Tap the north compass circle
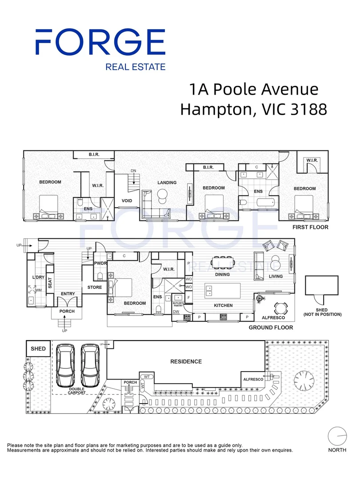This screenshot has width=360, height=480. click(x=337, y=436)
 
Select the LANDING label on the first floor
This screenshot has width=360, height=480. click(x=167, y=183)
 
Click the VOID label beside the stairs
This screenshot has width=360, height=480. click(x=127, y=201)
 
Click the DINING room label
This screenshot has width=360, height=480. click(x=222, y=275)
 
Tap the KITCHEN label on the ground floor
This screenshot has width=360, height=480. click(x=224, y=306)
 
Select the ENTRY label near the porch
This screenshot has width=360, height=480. click(x=68, y=294)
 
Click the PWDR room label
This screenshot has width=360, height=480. click(x=100, y=264)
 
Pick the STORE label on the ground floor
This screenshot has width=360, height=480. click(x=94, y=288)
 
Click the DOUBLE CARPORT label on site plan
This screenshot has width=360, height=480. click(x=77, y=391)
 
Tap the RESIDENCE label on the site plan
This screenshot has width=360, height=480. click(x=186, y=362)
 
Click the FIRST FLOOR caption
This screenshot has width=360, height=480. click(x=310, y=227)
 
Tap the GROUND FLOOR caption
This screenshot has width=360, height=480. click(x=271, y=328)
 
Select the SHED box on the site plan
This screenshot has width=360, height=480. click(x=38, y=349)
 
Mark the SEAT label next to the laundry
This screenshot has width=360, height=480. click(x=50, y=283)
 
